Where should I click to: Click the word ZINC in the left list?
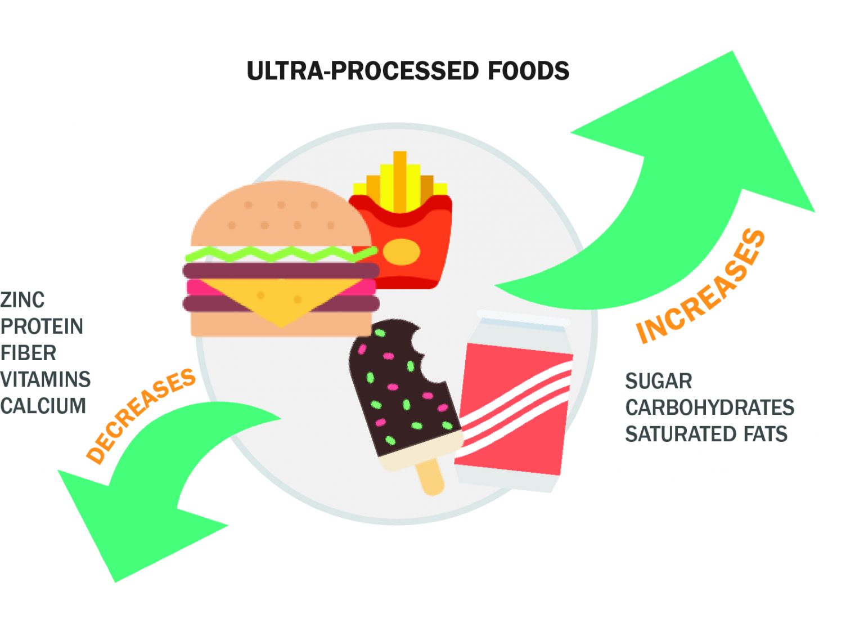(x=22, y=300)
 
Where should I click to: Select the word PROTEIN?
(x=42, y=326)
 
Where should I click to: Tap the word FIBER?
(x=28, y=353)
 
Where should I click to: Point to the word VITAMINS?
(x=46, y=379)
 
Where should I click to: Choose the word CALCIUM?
(x=43, y=406)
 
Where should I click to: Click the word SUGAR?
(x=658, y=381)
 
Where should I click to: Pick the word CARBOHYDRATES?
(x=709, y=407)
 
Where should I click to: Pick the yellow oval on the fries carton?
(x=401, y=252)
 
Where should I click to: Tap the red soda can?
(x=515, y=405)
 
